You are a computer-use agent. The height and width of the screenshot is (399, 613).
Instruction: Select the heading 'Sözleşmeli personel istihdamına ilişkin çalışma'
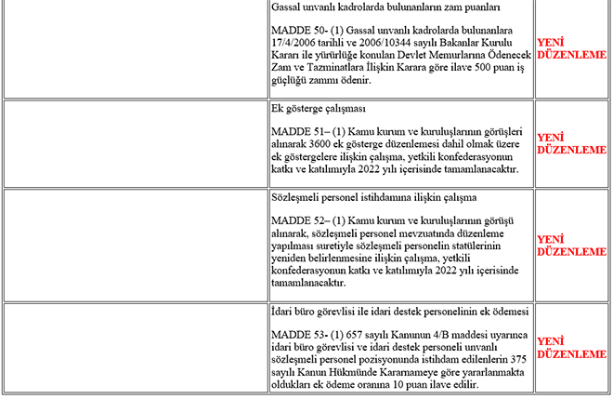click(373, 197)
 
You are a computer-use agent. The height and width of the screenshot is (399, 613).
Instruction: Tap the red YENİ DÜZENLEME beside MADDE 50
click(571, 48)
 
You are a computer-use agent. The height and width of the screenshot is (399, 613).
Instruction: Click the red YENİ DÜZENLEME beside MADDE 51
click(571, 143)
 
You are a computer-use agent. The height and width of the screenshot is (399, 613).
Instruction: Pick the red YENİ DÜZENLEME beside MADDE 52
click(571, 246)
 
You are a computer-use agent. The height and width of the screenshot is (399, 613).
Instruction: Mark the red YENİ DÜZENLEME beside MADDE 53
click(571, 348)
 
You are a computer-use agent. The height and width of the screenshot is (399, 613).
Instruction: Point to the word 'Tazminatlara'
click(343, 68)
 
